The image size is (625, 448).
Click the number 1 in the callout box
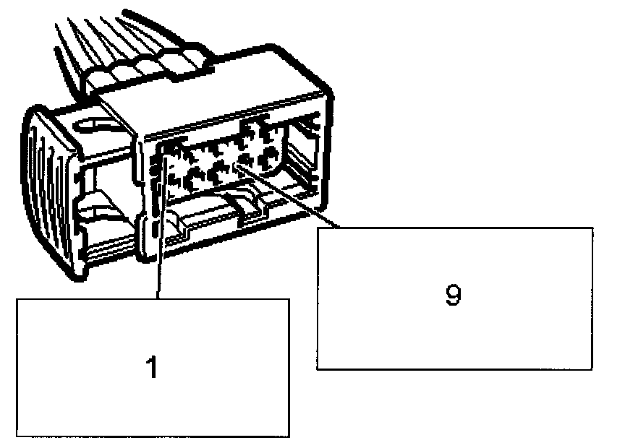[151, 367]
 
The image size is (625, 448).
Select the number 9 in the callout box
[453, 296]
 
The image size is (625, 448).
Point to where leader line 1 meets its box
[158, 298]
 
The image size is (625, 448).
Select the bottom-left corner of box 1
[17, 436]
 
